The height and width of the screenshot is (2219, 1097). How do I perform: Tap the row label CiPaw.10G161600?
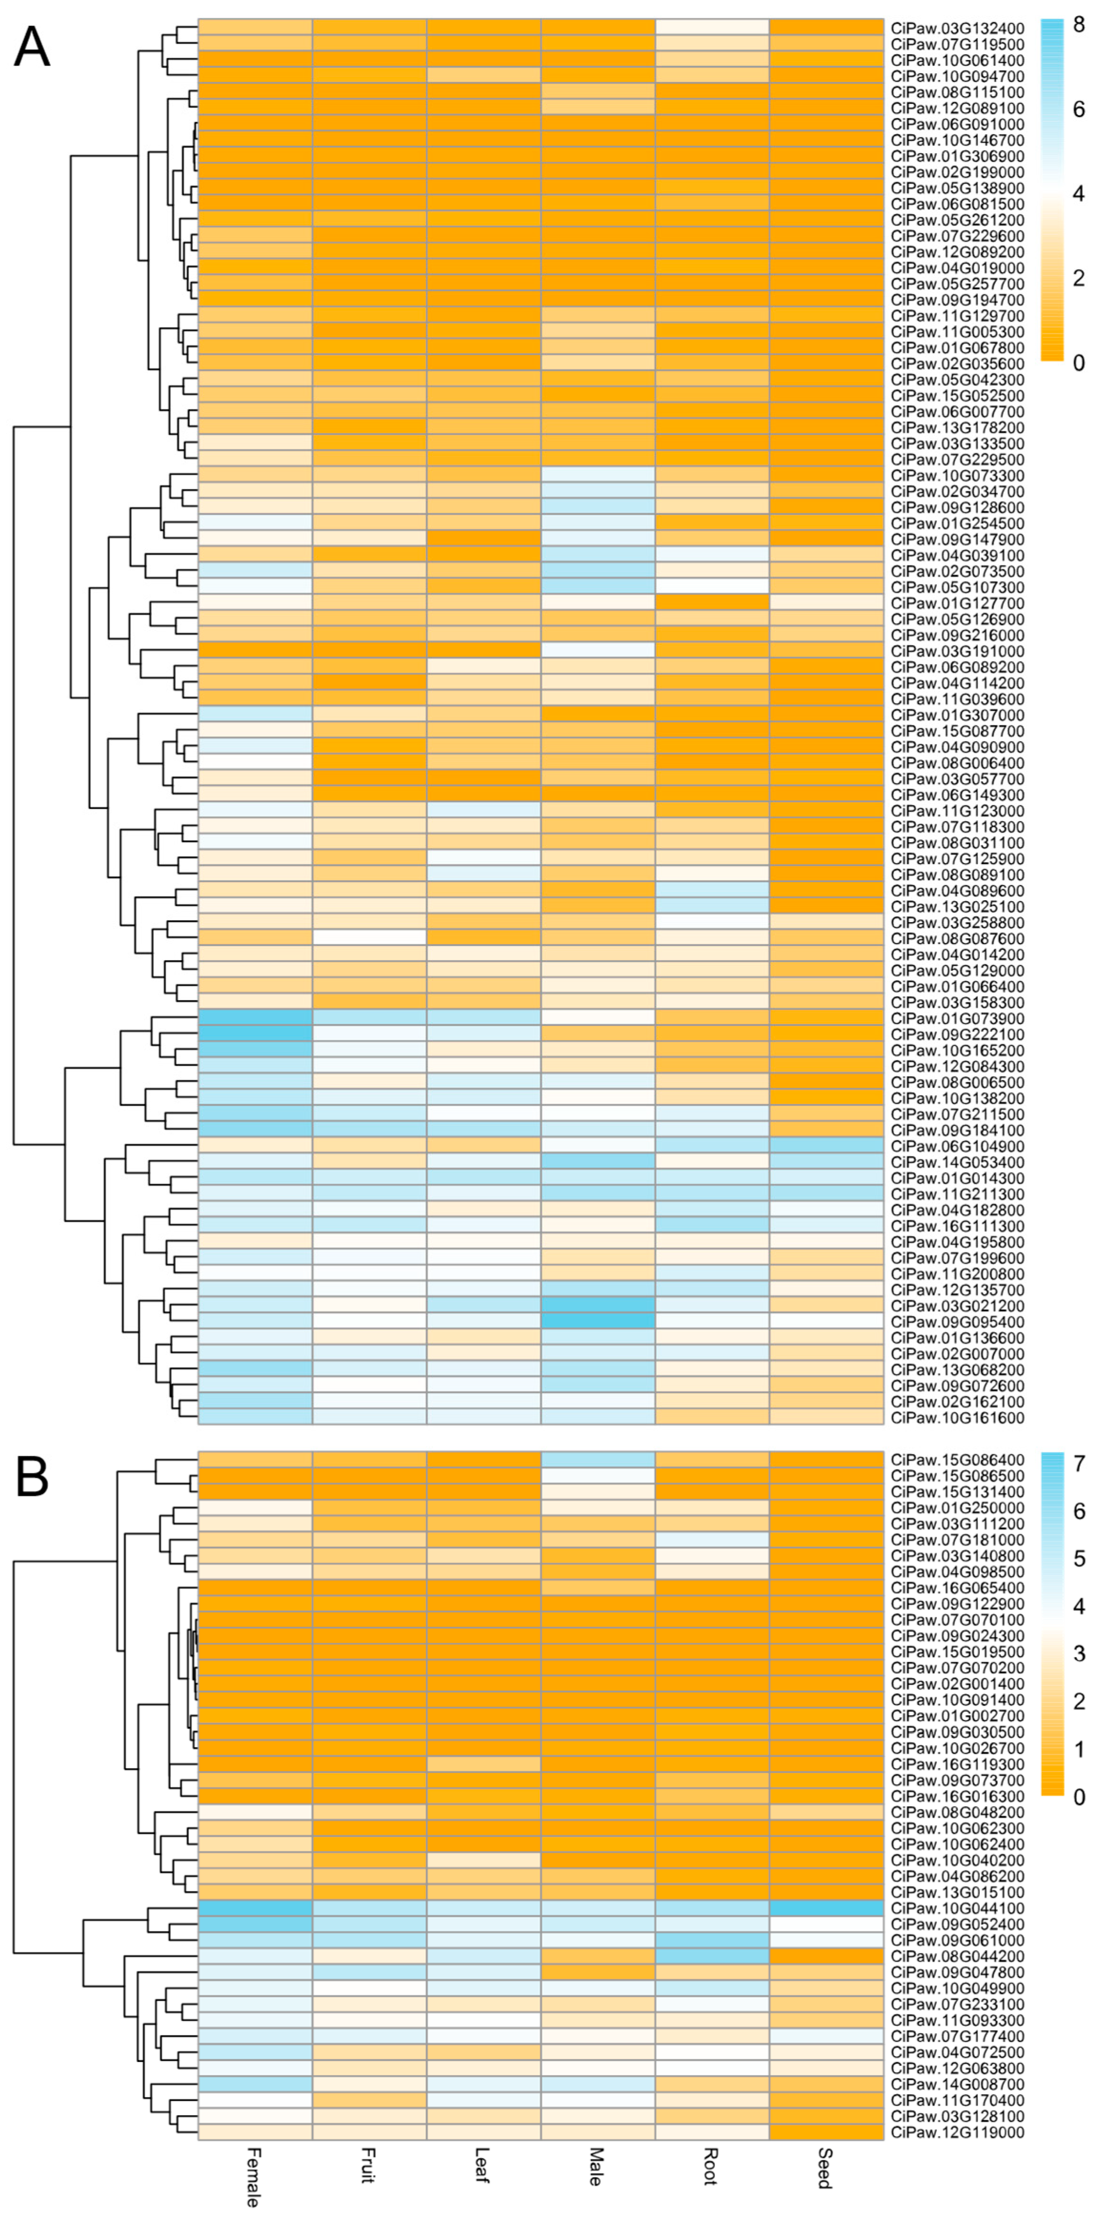pyautogui.click(x=957, y=1418)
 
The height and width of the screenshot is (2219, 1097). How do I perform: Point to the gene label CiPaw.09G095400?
pyautogui.click(x=957, y=1322)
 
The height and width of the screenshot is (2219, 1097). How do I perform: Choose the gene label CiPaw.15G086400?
pyautogui.click(x=957, y=1460)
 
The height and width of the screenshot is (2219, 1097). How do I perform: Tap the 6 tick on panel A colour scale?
pyautogui.click(x=1078, y=109)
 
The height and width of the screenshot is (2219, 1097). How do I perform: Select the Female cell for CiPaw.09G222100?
pyautogui.click(x=255, y=1035)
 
